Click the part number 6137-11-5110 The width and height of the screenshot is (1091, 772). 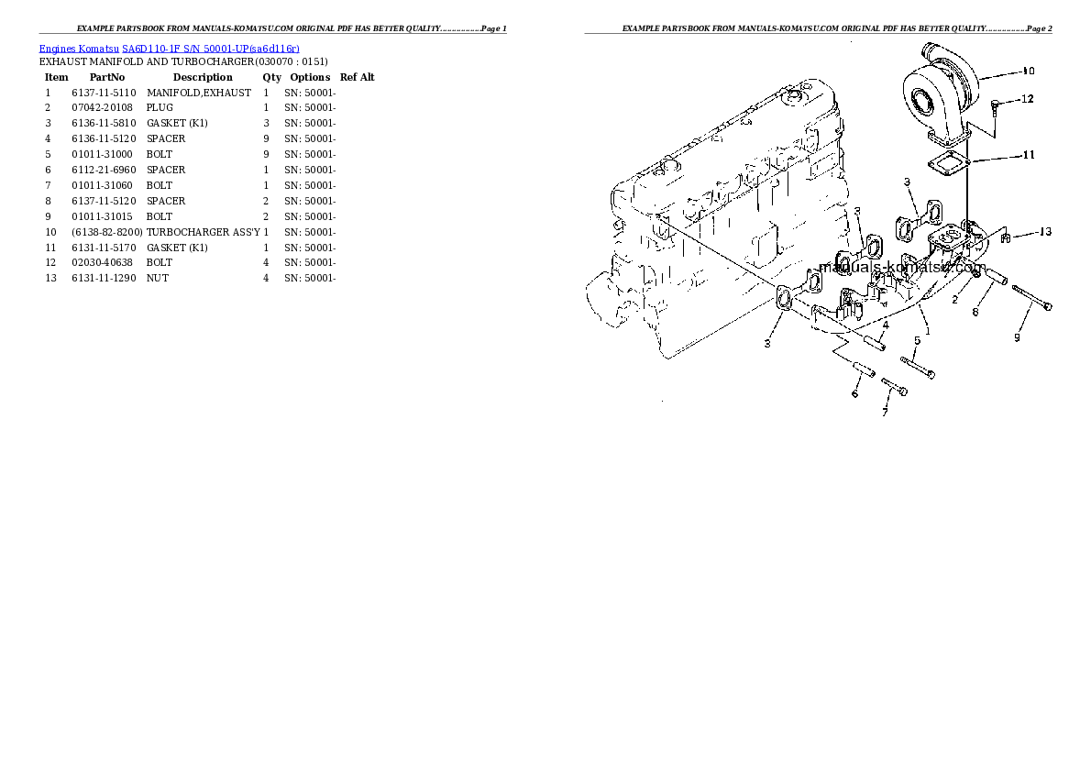[104, 93]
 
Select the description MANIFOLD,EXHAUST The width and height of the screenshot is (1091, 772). [198, 93]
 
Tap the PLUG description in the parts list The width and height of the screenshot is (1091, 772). [160, 108]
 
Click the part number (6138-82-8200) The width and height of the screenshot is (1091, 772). [107, 233]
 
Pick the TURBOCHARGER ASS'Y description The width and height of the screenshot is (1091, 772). [204, 233]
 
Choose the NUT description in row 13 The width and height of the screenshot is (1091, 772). [158, 279]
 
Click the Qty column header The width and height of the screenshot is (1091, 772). [272, 77]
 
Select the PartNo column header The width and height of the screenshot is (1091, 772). [107, 77]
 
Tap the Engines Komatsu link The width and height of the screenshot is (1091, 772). [79, 49]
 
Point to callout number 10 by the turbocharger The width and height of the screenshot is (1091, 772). [1029, 71]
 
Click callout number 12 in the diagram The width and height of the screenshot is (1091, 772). [1027, 99]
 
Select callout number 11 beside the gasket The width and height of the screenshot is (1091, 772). [1029, 155]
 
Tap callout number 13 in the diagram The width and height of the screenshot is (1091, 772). [1045, 232]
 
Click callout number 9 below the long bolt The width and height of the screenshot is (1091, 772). [1018, 337]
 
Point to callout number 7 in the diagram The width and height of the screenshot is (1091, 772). [885, 413]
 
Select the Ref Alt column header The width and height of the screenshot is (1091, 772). [357, 77]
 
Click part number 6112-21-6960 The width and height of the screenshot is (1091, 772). [104, 170]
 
